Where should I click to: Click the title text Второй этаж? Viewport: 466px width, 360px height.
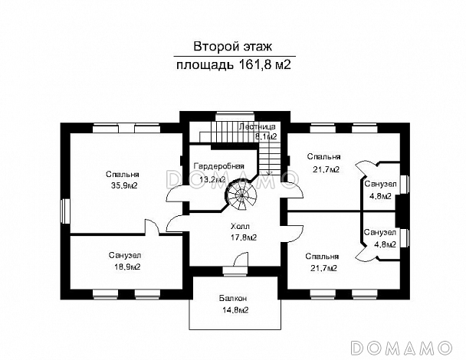pos(234,46)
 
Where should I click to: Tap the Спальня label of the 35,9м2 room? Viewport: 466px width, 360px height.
pos(123,175)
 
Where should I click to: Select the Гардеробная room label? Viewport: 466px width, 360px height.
pos(218,166)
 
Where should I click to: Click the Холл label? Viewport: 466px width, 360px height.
pos(240,227)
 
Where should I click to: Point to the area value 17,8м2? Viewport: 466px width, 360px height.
pos(242,237)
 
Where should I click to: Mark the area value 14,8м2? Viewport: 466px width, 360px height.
pos(235,309)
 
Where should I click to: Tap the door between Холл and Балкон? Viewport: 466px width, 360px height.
pos(229,270)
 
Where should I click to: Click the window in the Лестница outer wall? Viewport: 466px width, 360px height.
pos(228,116)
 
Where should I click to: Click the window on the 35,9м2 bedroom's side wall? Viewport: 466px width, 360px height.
pos(67,210)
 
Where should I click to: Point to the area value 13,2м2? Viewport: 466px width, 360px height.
pos(212,179)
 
